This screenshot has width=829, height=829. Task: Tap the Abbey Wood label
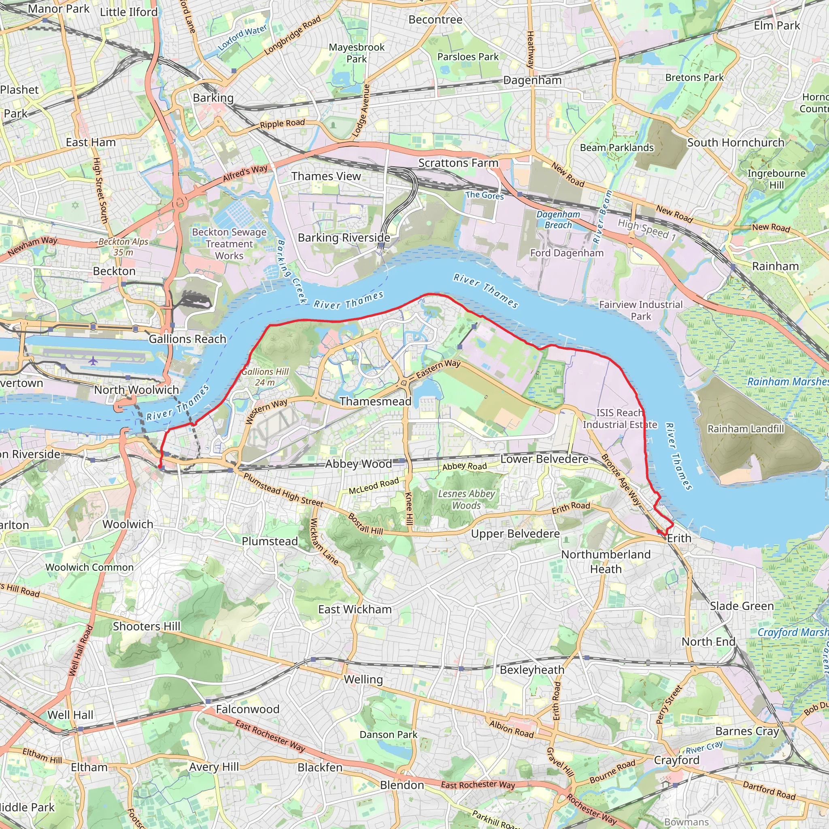pyautogui.click(x=358, y=464)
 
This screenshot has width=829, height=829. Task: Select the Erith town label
pyautogui.click(x=679, y=538)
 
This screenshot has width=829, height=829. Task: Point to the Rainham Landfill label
pyautogui.click(x=745, y=429)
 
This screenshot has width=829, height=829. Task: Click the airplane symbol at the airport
pyautogui.click(x=93, y=360)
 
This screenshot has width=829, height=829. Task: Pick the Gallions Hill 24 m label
pyautogui.click(x=265, y=377)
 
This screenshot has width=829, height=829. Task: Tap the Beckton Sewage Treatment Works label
pyautogui.click(x=229, y=244)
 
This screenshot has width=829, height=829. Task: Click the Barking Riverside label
pyautogui.click(x=344, y=238)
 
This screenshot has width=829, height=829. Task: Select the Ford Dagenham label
pyautogui.click(x=566, y=253)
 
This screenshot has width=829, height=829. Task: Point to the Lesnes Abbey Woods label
pyautogui.click(x=466, y=500)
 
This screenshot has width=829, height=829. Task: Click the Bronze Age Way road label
pyautogui.click(x=621, y=480)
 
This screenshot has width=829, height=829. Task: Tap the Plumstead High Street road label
pyautogui.click(x=283, y=490)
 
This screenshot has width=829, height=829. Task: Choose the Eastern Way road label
pyautogui.click(x=438, y=369)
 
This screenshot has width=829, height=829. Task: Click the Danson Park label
pyautogui.click(x=388, y=735)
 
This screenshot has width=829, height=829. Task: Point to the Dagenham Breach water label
pyautogui.click(x=558, y=220)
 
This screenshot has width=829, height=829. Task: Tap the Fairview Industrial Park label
pyautogui.click(x=640, y=310)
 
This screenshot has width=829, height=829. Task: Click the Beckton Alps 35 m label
pyautogui.click(x=123, y=247)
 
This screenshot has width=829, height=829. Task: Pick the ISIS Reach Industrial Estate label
pyautogui.click(x=620, y=419)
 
